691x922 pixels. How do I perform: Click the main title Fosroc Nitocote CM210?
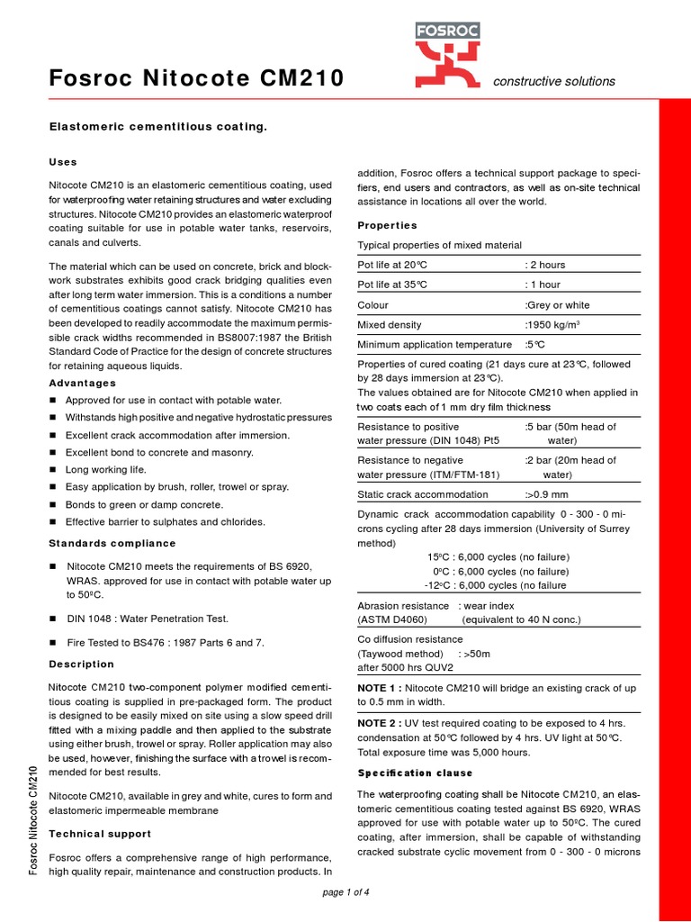tap(196, 80)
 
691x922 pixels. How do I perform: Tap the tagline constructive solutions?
tap(554, 81)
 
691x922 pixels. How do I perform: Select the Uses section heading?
tap(63, 162)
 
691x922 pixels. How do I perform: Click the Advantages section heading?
tap(82, 384)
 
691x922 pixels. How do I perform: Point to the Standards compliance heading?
tap(112, 544)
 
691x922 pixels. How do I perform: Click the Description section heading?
tap(81, 664)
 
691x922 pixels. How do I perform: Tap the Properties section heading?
tap(387, 225)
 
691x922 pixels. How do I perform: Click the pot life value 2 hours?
tap(545, 265)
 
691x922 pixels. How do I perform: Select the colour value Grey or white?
tap(558, 304)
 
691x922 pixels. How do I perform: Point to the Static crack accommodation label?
tap(423, 494)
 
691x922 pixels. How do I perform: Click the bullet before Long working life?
tap(53, 470)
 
